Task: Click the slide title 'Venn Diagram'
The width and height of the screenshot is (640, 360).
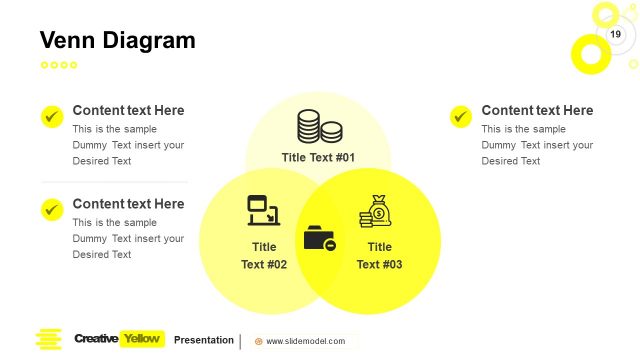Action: pyautogui.click(x=117, y=40)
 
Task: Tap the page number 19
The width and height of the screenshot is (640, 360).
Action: pyautogui.click(x=616, y=35)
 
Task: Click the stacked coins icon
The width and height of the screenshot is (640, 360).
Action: pyautogui.click(x=319, y=126)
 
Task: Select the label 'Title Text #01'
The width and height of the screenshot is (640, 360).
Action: pyautogui.click(x=318, y=158)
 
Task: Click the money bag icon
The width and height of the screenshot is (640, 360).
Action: pyautogui.click(x=377, y=212)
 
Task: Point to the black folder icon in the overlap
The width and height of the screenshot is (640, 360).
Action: pyautogui.click(x=319, y=239)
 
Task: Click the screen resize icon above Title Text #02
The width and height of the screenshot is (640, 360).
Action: pyautogui.click(x=263, y=210)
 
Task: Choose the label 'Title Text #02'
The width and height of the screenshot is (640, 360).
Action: pyautogui.click(x=264, y=256)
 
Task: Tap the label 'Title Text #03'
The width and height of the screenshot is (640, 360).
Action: pyautogui.click(x=379, y=256)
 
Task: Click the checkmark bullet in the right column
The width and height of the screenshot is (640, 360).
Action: pyautogui.click(x=461, y=116)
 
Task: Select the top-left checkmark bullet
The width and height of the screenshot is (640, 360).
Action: pyautogui.click(x=52, y=116)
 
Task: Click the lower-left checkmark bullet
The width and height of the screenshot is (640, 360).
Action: pyautogui.click(x=52, y=209)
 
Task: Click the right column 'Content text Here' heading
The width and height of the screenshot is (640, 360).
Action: pyautogui.click(x=537, y=111)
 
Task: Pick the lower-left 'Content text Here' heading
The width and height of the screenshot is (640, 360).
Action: pyautogui.click(x=128, y=204)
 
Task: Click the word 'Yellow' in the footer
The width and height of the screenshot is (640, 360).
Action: pyautogui.click(x=141, y=339)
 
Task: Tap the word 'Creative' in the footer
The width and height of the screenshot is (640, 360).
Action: pyautogui.click(x=96, y=339)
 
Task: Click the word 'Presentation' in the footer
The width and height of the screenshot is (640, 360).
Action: pyautogui.click(x=204, y=340)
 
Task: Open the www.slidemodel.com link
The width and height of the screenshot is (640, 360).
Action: pyautogui.click(x=305, y=341)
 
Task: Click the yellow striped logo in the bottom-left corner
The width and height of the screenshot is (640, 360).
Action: pyautogui.click(x=48, y=340)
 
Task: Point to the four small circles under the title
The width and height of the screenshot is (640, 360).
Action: pyautogui.click(x=59, y=65)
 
